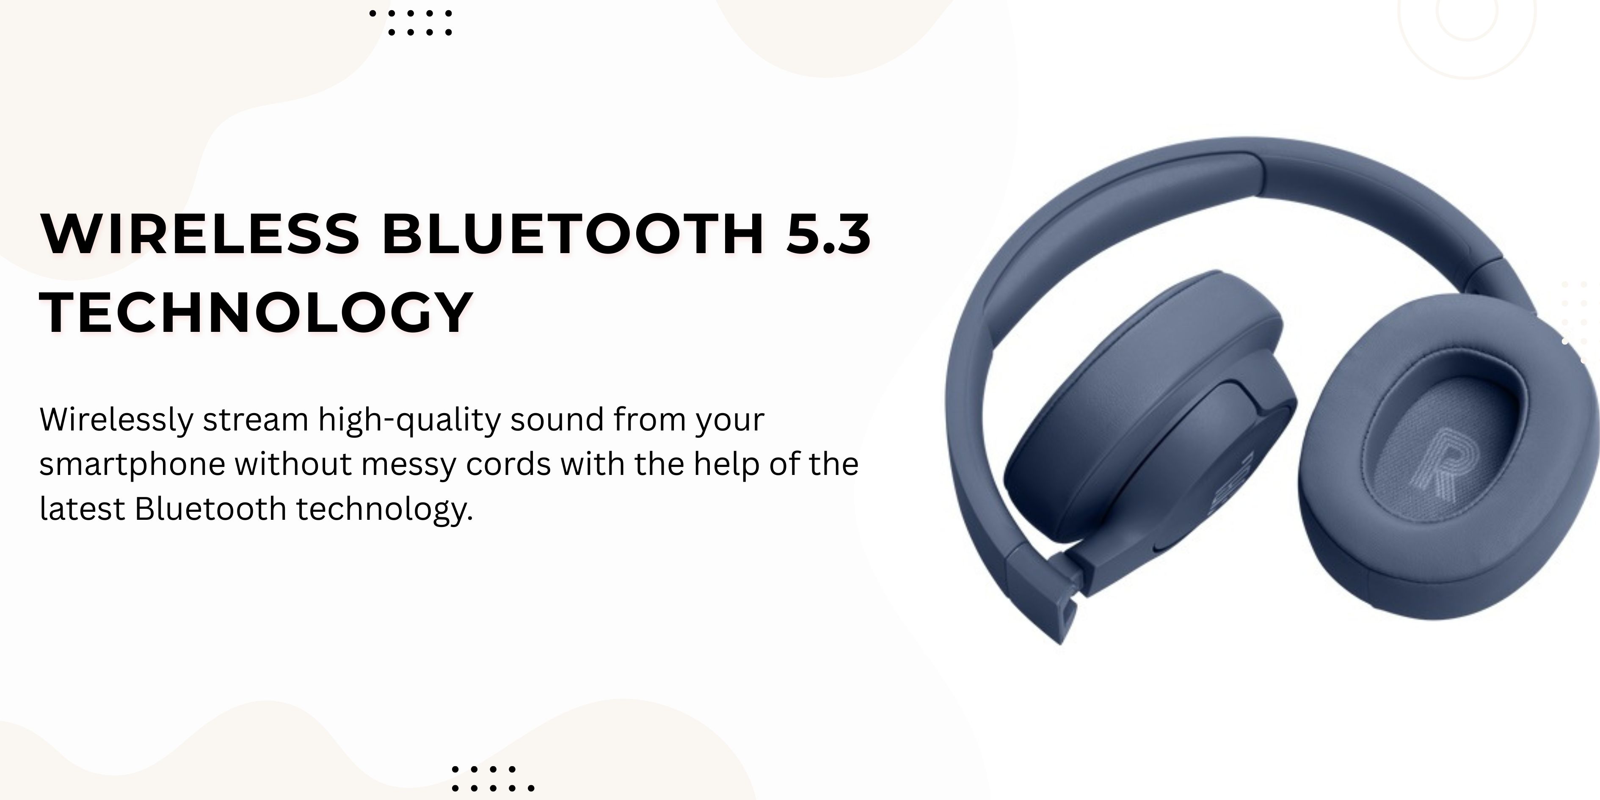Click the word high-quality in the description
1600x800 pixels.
pos(410,420)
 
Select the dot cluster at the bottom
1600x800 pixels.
pos(493,778)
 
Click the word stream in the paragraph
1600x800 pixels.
pos(256,420)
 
